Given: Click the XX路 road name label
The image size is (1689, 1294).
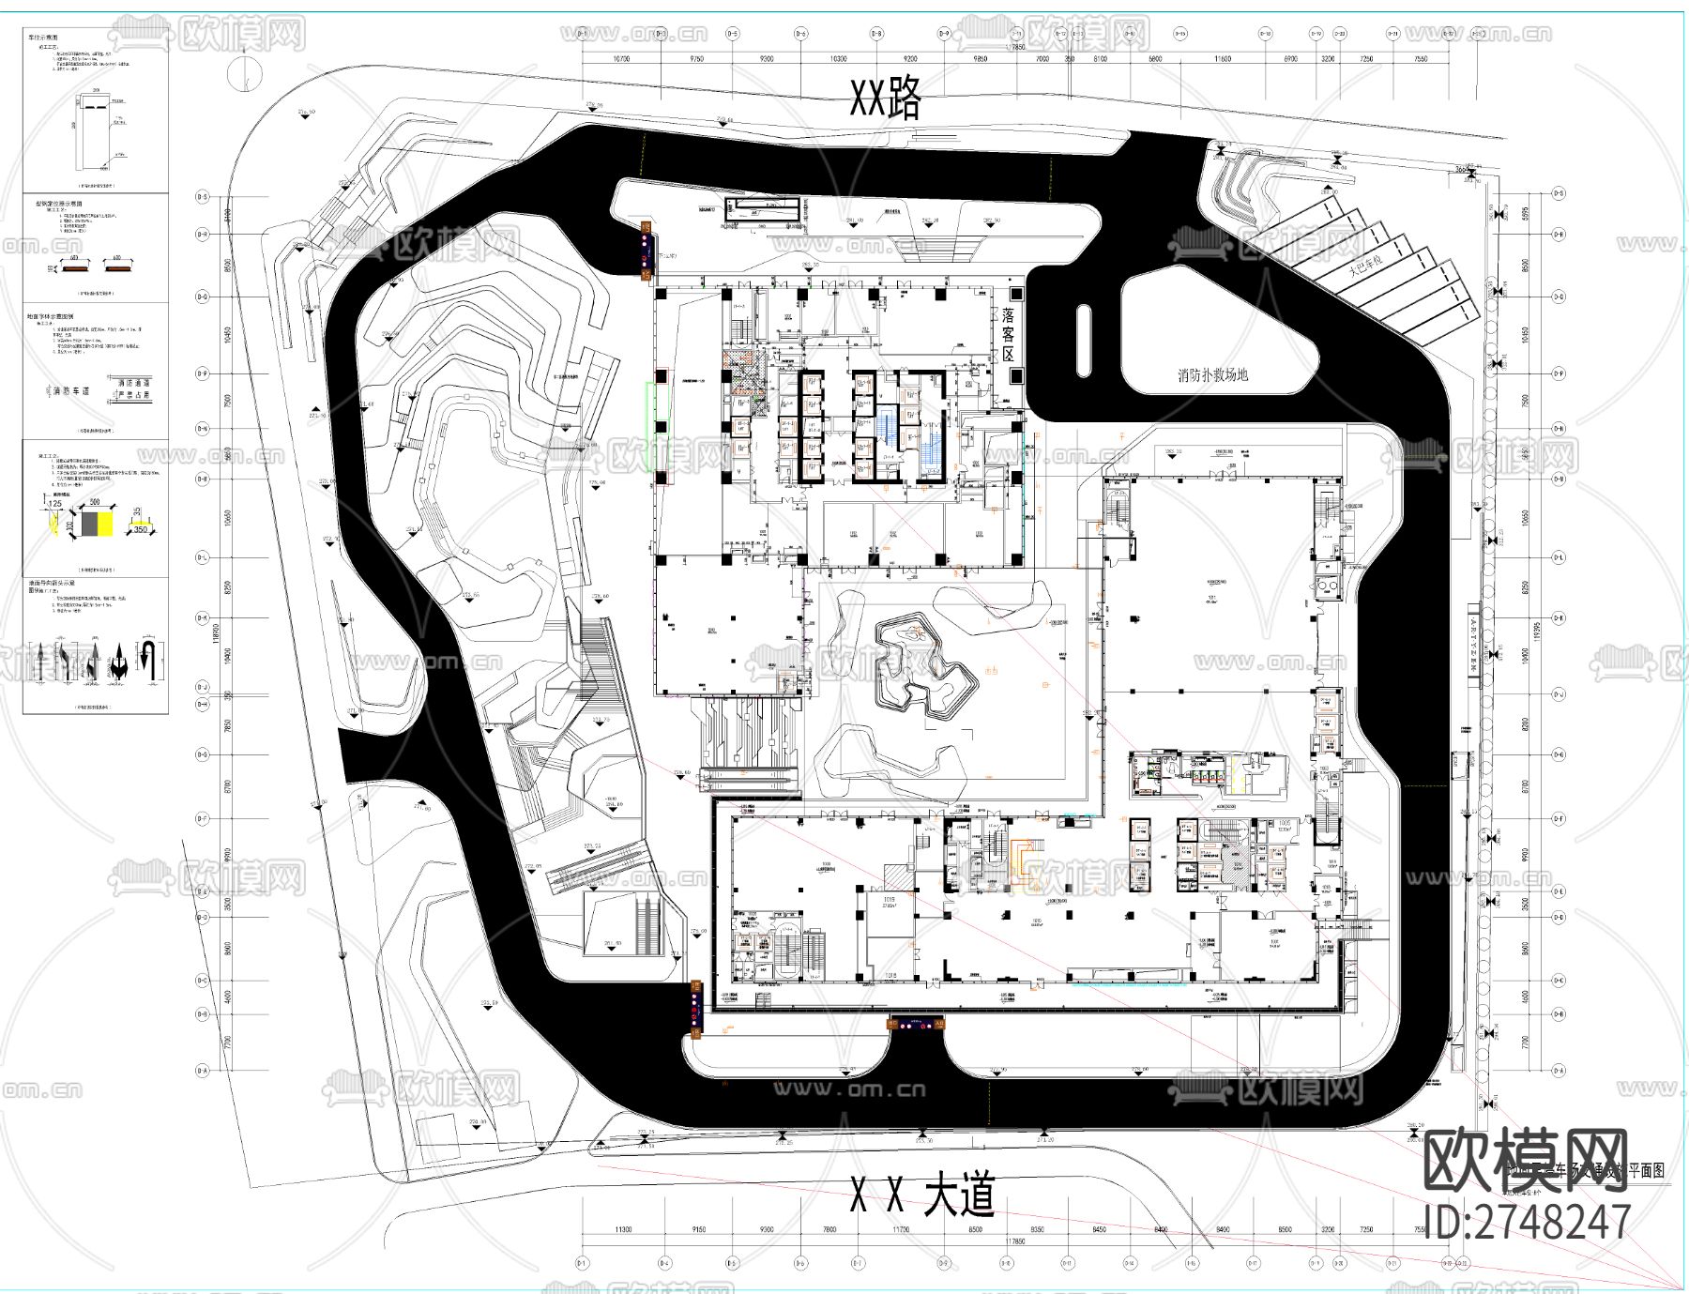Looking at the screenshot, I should tap(885, 98).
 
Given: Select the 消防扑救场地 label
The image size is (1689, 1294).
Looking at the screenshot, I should tap(1212, 375).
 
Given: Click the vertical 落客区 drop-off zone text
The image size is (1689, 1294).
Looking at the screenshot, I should tap(1008, 335).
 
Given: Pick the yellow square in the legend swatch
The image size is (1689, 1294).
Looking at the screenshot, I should tap(105, 522).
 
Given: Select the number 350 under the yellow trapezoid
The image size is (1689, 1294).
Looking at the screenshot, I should tap(141, 530).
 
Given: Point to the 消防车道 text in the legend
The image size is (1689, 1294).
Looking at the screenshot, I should tap(70, 390).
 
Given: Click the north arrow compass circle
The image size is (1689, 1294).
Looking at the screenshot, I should tap(246, 73).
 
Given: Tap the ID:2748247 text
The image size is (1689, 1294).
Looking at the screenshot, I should tap(1527, 1222).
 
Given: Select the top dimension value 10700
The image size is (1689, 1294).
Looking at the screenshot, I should tap(620, 59).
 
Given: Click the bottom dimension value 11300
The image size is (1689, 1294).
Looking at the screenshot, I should tap(622, 1229).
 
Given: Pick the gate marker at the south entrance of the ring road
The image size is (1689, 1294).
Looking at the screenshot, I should tap(915, 1025).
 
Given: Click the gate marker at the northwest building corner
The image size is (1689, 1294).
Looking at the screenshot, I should tap(646, 251).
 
